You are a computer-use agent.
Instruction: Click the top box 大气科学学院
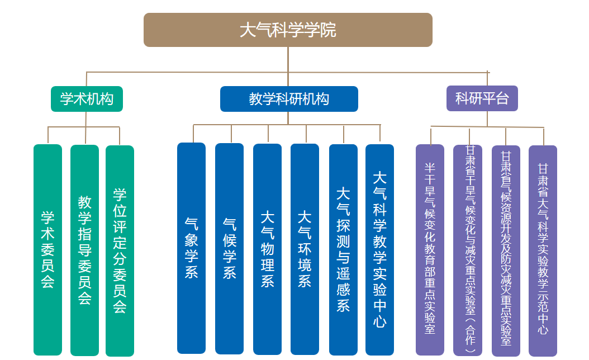pyautogui.click(x=288, y=30)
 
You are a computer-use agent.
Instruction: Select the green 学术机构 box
pyautogui.click(x=87, y=99)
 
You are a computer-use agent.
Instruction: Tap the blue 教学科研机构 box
pyautogui.click(x=289, y=99)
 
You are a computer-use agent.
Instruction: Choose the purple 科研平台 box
pyautogui.click(x=482, y=98)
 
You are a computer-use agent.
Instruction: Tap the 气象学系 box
pyautogui.click(x=191, y=248)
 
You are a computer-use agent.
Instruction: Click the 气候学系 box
pyautogui.click(x=229, y=248)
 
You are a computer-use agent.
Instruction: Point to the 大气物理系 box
pyautogui.click(x=267, y=248)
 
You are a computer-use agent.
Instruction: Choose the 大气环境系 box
pyautogui.click(x=305, y=248)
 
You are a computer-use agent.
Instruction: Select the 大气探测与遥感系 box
pyautogui.click(x=343, y=249)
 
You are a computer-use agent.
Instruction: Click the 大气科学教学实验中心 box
pyautogui.click(x=379, y=249)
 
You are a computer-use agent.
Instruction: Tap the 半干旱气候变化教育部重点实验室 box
pyautogui.click(x=430, y=249)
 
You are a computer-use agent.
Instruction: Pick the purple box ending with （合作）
pyautogui.click(x=468, y=249)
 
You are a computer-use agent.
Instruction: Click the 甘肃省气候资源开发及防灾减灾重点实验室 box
pyautogui.click(x=506, y=249)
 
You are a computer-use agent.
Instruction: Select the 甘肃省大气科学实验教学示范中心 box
pyautogui.click(x=543, y=249)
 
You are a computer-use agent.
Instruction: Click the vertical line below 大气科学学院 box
pyautogui.click(x=288, y=59)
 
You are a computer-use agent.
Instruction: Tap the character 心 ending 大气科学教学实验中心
pyautogui.click(x=380, y=322)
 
